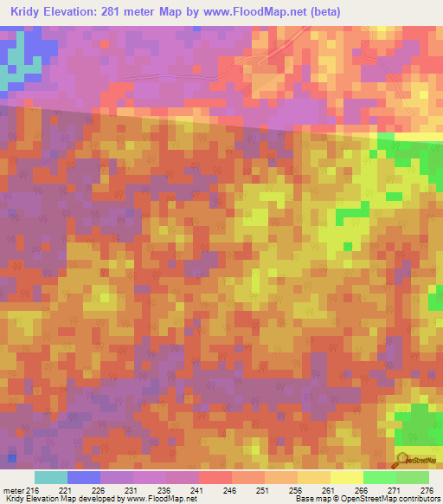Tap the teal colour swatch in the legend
pyautogui.click(x=51, y=477)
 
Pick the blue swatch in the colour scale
pyautogui.click(x=84, y=477)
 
